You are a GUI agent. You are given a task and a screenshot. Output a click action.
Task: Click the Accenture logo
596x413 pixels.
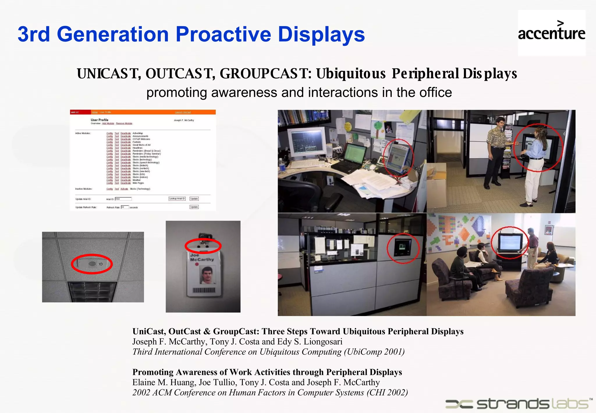pyautogui.click(x=551, y=33)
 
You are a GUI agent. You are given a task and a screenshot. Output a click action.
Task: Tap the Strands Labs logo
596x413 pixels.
pyautogui.click(x=518, y=404)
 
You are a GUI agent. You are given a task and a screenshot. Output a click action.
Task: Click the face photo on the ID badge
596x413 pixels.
pyautogui.click(x=207, y=275)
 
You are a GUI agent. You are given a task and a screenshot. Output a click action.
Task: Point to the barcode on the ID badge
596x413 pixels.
pyautogui.click(x=204, y=290)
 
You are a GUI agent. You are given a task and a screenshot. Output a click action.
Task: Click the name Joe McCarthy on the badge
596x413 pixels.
pyautogui.click(x=201, y=257)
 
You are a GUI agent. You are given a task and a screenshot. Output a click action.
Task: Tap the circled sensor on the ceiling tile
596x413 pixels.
pyautogui.click(x=92, y=264)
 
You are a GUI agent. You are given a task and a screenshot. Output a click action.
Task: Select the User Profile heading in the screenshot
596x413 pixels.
pyautogui.click(x=99, y=120)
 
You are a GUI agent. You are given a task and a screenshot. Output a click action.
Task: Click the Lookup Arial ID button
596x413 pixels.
pyautogui.click(x=177, y=199)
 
